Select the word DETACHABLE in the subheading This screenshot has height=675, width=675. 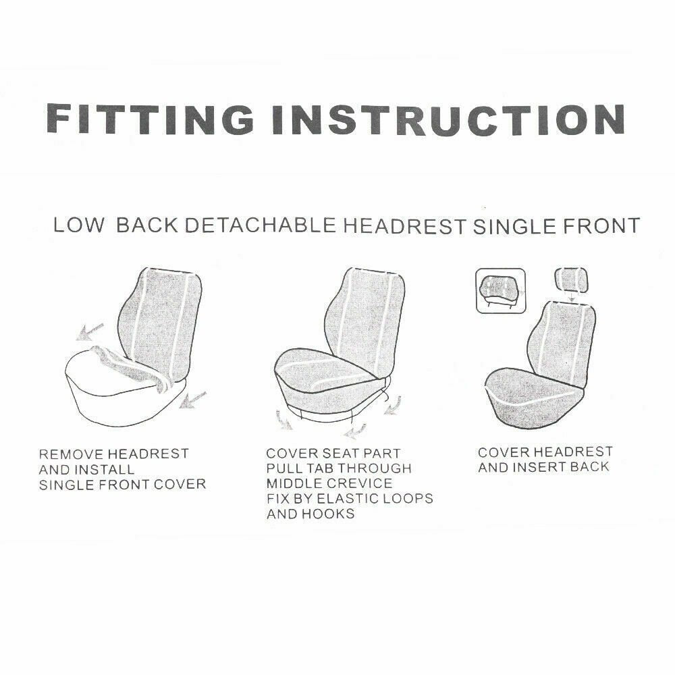(x=260, y=225)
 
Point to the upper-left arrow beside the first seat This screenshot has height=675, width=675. (x=89, y=331)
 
